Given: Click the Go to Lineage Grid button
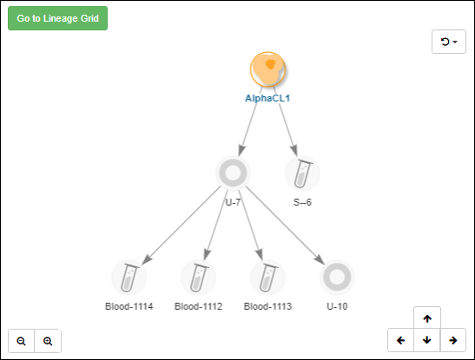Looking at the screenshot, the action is click(x=57, y=18).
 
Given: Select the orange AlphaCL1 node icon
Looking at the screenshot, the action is click(x=267, y=69).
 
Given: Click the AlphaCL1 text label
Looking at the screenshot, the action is click(x=267, y=98).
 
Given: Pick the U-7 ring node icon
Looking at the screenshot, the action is click(x=233, y=173).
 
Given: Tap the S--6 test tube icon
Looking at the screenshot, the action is click(x=302, y=173).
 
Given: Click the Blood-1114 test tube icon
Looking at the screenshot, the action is click(x=129, y=278).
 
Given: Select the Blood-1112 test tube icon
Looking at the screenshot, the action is click(x=198, y=278).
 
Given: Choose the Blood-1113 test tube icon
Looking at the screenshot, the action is click(x=267, y=278).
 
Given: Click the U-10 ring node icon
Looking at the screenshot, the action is click(x=337, y=278).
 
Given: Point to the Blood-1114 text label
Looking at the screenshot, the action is click(x=129, y=306).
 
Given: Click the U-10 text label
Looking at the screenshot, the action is click(x=337, y=306).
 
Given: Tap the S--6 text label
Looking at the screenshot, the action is click(x=302, y=202).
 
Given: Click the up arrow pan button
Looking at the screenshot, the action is click(x=427, y=318).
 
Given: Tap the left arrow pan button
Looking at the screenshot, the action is click(x=401, y=340).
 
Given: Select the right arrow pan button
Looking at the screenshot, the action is click(x=453, y=340).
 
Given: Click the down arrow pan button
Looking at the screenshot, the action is click(x=427, y=340).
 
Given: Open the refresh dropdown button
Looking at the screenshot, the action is click(x=449, y=42).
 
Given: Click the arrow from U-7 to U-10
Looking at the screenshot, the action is click(x=285, y=226).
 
